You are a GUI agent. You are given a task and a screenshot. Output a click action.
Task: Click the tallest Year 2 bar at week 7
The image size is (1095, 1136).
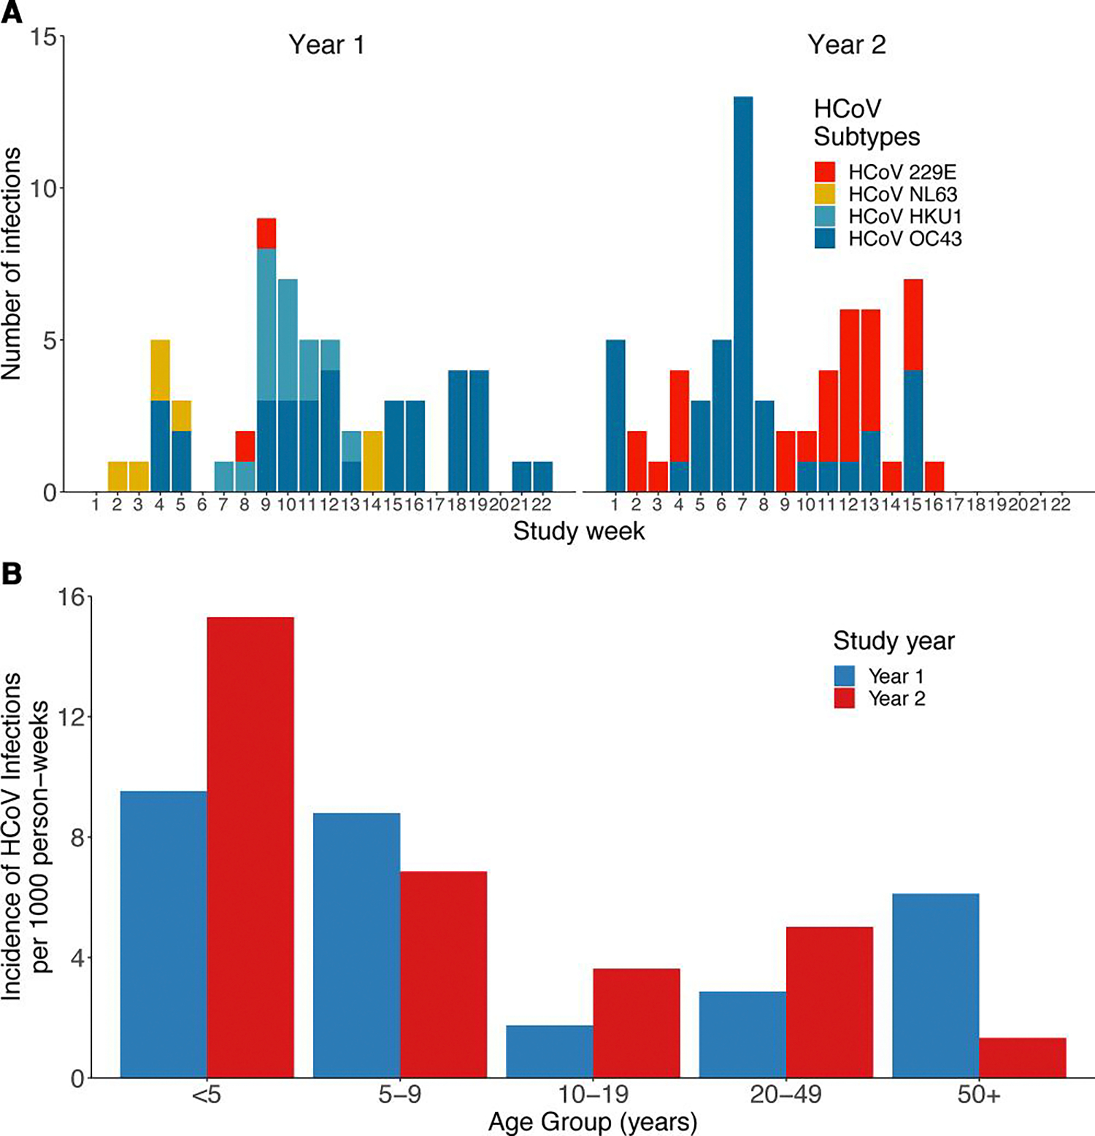pyautogui.click(x=742, y=292)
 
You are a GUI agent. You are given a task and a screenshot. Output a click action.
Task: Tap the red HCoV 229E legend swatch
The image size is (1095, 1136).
pyautogui.click(x=825, y=172)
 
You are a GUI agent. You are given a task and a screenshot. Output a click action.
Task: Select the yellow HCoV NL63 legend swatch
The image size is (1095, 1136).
pyautogui.click(x=825, y=194)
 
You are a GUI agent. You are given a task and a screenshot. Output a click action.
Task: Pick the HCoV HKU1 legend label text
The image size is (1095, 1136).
pyautogui.click(x=904, y=217)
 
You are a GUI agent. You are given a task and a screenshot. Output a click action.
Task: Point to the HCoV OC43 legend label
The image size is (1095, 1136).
pyautogui.click(x=904, y=239)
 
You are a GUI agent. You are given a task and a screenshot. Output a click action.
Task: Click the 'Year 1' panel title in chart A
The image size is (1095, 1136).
pyautogui.click(x=326, y=45)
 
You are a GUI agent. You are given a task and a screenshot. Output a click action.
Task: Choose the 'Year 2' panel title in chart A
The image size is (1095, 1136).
pyautogui.click(x=846, y=45)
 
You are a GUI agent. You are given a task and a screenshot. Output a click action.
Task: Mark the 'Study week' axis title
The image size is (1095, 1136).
pyautogui.click(x=579, y=531)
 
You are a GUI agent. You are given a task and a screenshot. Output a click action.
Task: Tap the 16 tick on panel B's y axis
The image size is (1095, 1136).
pyautogui.click(x=71, y=598)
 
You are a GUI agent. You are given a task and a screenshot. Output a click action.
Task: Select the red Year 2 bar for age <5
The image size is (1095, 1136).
pyautogui.click(x=250, y=846)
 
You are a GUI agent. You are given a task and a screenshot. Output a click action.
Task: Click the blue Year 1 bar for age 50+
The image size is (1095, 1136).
pyautogui.click(x=935, y=985)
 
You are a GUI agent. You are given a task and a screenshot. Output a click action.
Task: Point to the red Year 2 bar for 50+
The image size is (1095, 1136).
pyautogui.click(x=1022, y=1057)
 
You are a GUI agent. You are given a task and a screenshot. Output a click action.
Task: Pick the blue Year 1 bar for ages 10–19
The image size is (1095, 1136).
pyautogui.click(x=549, y=1051)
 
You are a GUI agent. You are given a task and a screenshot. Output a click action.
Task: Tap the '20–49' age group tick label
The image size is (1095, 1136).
pyautogui.click(x=785, y=1095)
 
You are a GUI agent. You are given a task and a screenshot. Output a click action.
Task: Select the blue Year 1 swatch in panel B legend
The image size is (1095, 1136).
pyautogui.click(x=844, y=676)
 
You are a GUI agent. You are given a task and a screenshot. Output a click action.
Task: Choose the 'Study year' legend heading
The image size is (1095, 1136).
pyautogui.click(x=894, y=641)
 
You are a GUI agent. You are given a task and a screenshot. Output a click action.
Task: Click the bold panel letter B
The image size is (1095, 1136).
pyautogui.click(x=12, y=574)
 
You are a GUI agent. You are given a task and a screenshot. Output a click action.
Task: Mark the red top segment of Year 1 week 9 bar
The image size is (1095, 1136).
pyautogui.click(x=266, y=233)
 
